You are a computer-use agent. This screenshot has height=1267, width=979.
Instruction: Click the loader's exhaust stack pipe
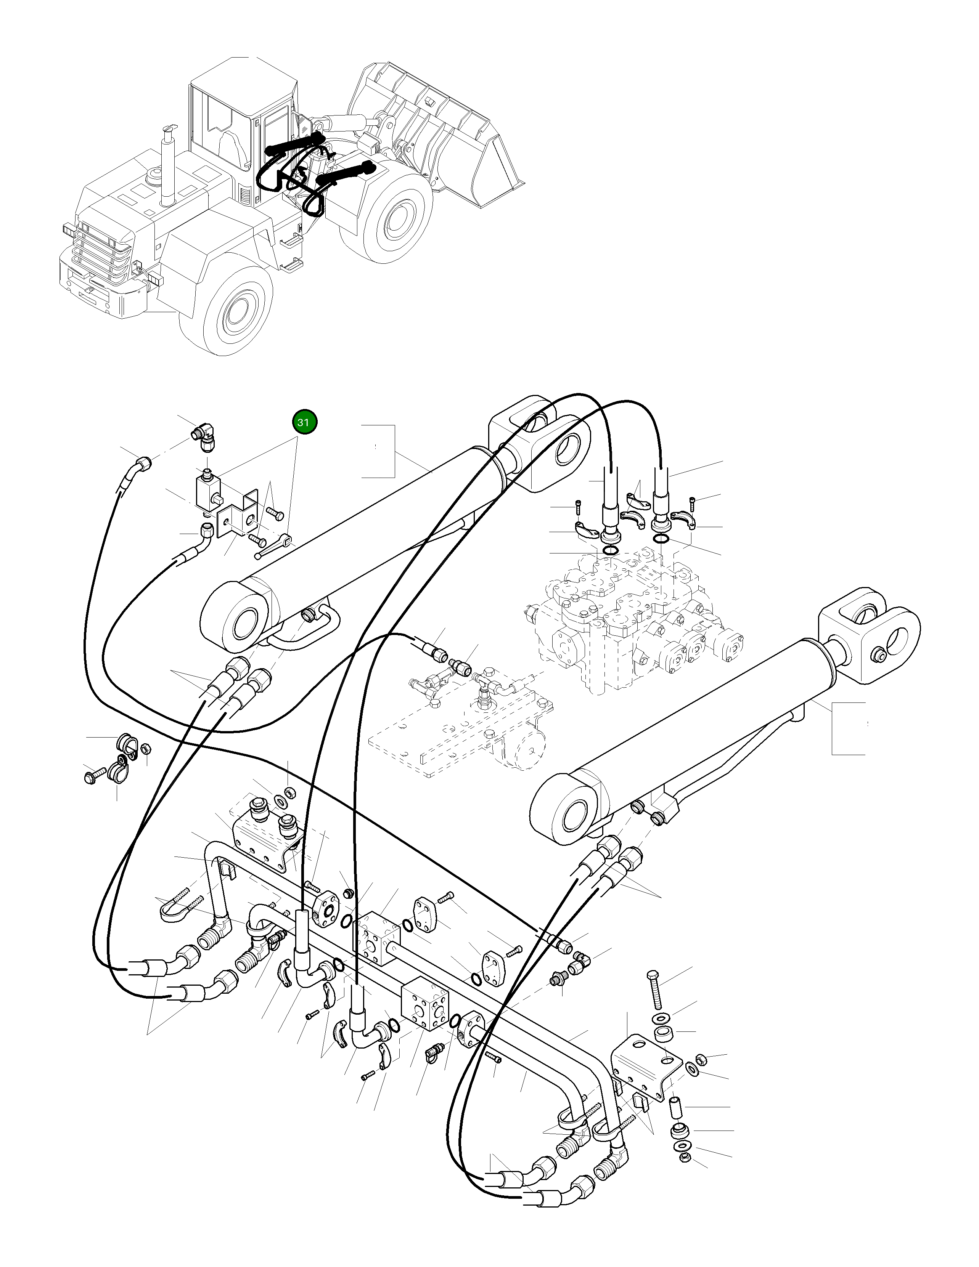[x=168, y=165]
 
